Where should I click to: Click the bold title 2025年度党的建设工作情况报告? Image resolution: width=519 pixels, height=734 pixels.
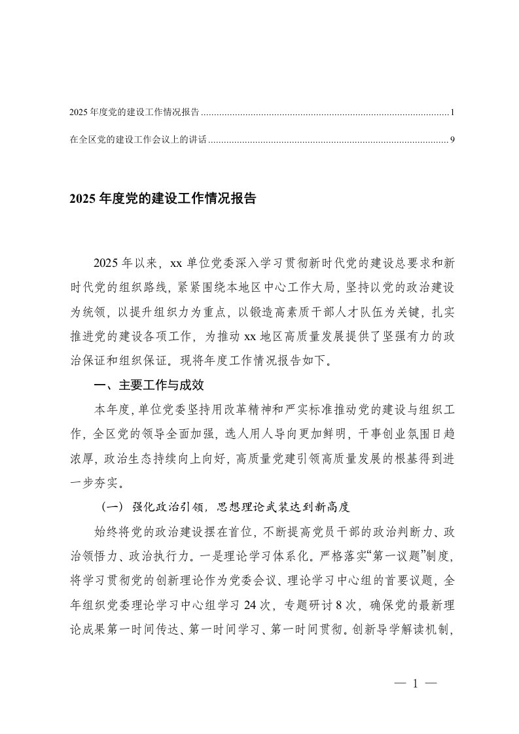tap(162, 199)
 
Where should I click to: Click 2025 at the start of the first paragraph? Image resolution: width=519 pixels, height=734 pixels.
tap(109, 264)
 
